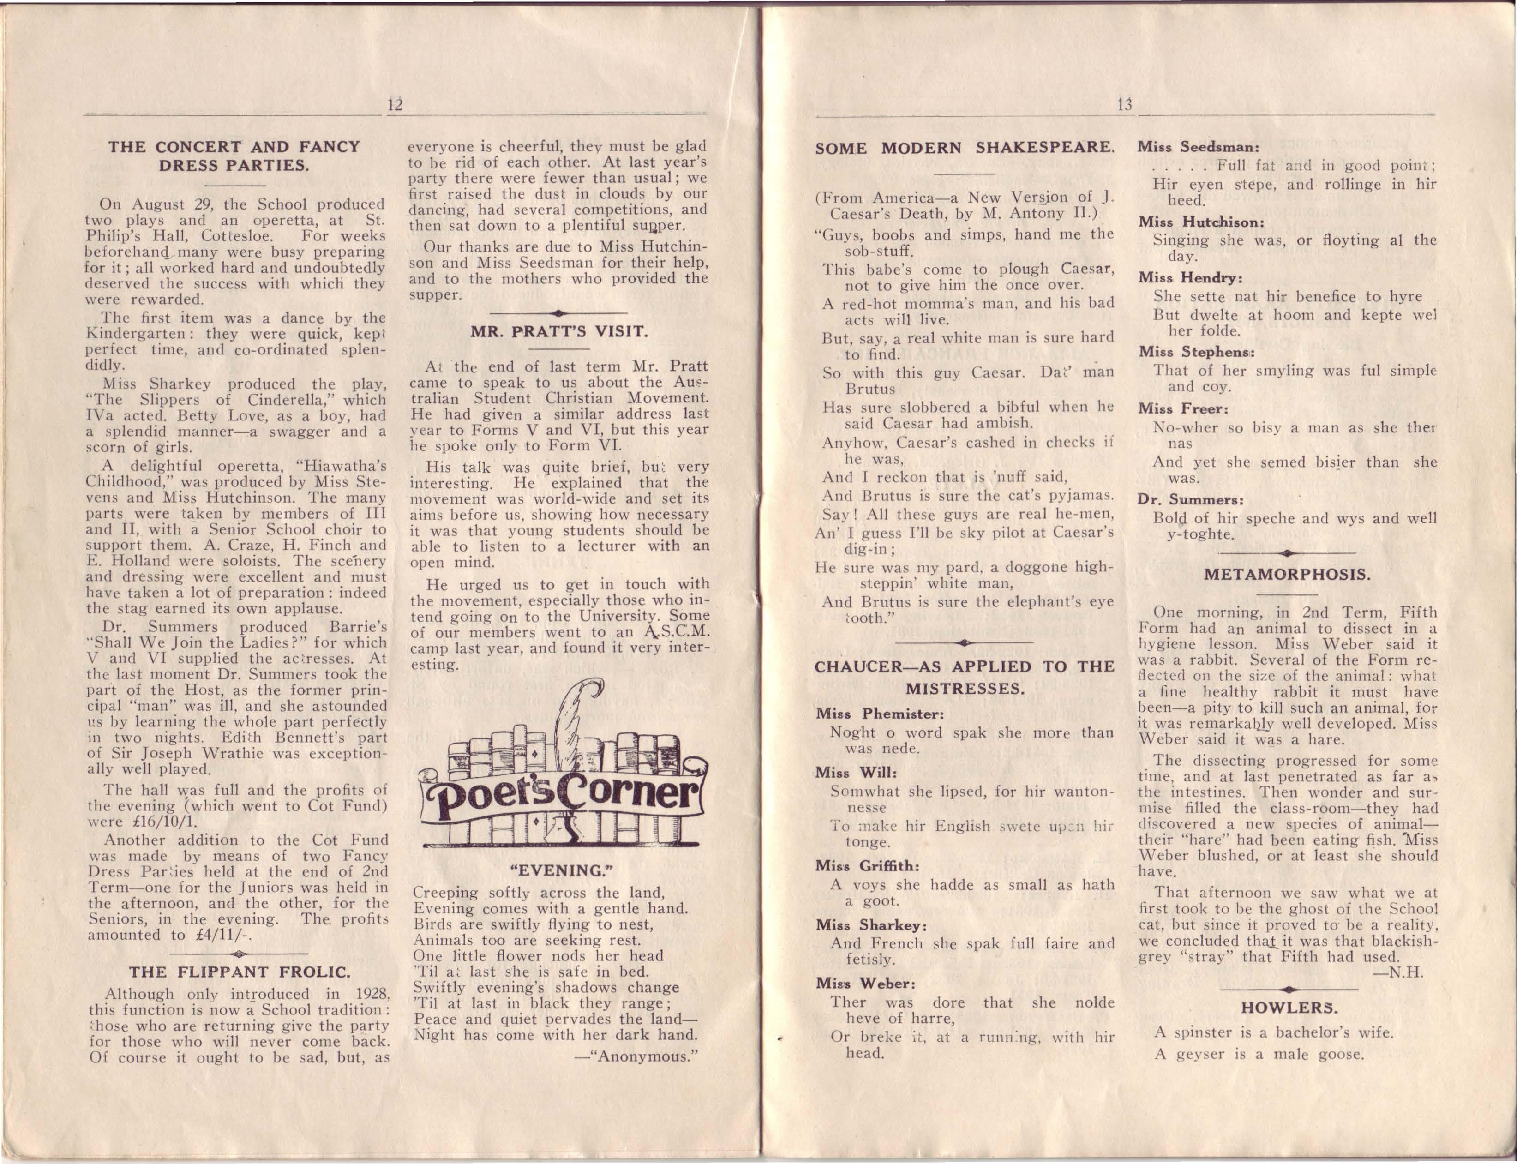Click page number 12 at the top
[x=395, y=105]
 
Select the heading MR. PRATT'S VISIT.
[x=559, y=331]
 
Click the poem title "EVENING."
[x=558, y=870]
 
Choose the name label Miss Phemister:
[x=879, y=714]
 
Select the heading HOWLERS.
[x=1289, y=1008]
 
